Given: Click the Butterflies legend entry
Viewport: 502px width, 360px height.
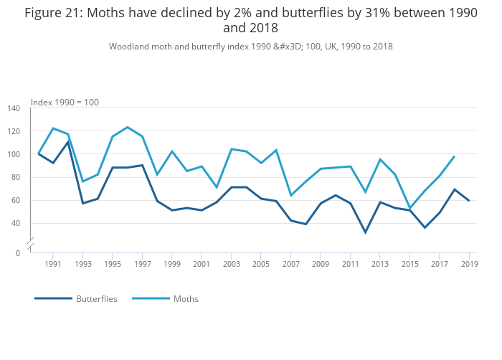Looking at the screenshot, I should pos(96,298).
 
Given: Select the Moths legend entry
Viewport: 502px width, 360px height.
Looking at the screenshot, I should pos(186,298).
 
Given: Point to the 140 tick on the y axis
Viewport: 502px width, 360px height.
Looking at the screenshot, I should pos(14,108).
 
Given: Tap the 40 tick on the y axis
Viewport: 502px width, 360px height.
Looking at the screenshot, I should pos(16,223).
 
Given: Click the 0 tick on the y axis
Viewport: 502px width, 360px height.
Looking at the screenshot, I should pos(18,252).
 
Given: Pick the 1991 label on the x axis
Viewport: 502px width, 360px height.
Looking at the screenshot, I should pos(53,265).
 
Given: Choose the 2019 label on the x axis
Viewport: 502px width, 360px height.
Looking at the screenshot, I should pos(469,265).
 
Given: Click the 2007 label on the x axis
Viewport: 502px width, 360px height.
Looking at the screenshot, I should pos(291,265).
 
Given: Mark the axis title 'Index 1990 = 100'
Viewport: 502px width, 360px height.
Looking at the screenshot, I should pos(65,103).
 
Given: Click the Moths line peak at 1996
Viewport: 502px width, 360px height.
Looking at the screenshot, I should pos(127,127).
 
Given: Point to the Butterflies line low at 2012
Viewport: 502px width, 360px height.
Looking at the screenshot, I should pos(365,232).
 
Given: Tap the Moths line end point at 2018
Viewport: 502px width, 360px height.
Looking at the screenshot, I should pos(454,156).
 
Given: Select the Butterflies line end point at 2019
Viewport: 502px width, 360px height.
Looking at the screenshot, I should pos(469,201).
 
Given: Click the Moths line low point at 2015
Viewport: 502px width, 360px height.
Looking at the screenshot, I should pos(409,208).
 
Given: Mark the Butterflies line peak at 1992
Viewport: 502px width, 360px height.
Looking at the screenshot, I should pos(68,141).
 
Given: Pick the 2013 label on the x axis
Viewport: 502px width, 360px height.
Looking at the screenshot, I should pos(380,265).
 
